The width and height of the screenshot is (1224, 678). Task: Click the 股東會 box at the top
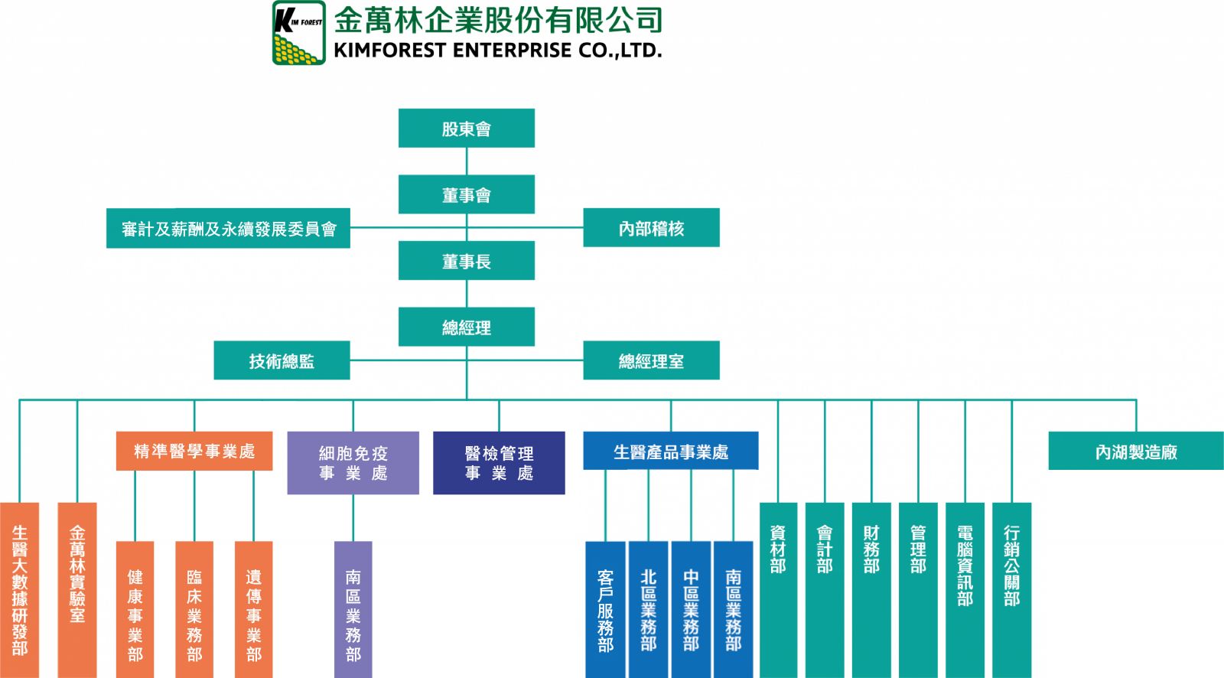466,128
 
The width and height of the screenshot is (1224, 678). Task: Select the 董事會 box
466,194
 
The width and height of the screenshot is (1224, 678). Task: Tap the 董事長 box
466,261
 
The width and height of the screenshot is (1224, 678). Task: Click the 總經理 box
466,327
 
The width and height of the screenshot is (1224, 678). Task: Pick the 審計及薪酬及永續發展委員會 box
228,228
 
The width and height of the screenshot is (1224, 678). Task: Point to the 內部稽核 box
651,228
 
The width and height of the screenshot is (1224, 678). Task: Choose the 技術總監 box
282,360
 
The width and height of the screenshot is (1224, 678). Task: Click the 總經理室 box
651,360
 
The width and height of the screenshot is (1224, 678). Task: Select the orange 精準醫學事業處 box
194,451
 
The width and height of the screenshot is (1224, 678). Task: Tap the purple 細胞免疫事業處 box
353,463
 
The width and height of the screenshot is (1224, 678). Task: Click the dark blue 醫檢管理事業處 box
499,463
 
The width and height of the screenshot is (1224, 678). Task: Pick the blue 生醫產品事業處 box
670,451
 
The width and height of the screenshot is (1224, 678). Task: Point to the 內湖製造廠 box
1135,451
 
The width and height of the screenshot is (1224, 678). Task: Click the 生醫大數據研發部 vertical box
19,589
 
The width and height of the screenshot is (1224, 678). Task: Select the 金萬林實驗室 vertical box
77,589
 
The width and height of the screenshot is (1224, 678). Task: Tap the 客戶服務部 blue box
605,609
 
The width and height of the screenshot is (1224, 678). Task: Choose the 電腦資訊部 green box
965,589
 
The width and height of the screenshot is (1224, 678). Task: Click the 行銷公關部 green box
1011,589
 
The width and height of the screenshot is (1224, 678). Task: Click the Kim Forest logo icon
298,32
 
